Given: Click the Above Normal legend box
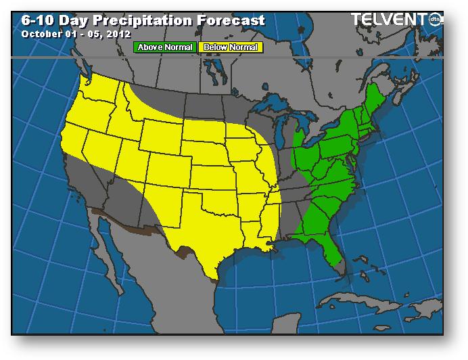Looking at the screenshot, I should (x=165, y=47).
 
